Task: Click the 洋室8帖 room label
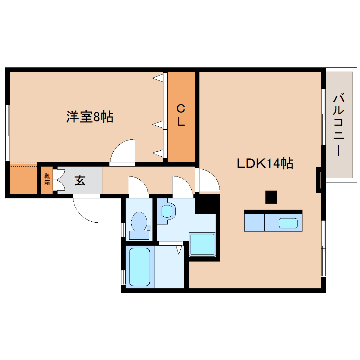[90, 116]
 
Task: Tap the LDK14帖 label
[265, 163]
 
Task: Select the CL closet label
[181, 115]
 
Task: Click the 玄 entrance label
[80, 180]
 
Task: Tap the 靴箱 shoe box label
[47, 180]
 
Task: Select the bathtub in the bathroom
[139, 266]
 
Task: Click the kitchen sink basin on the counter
[288, 223]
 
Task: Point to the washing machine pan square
[202, 244]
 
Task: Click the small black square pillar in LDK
[271, 197]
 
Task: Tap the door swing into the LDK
[208, 181]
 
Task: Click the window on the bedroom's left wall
[7, 132]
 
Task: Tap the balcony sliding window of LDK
[323, 116]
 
